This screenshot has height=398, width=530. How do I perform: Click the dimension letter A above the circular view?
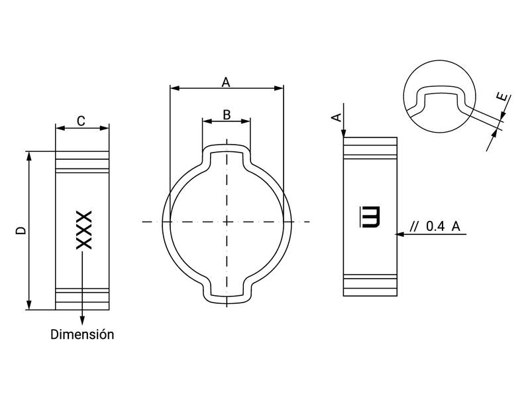tap(226, 82)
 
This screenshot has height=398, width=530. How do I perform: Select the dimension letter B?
tap(227, 115)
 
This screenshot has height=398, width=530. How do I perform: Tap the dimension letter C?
tap(81, 121)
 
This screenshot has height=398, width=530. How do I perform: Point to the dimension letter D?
tap(22, 231)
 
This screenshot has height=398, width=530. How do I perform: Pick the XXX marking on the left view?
tap(83, 230)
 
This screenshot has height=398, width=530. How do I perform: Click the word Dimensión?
tap(82, 334)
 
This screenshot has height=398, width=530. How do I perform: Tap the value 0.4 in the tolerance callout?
tap(435, 226)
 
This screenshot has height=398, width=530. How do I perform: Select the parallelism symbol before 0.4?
tap(415, 226)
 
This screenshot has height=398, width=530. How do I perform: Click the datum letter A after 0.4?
tap(456, 226)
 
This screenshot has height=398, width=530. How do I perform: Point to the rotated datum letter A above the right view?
tap(337, 117)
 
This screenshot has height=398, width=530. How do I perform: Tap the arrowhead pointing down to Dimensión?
tap(82, 318)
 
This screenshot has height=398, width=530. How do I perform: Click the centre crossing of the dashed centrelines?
tap(227, 221)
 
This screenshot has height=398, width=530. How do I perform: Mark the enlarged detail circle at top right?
tap(440, 91)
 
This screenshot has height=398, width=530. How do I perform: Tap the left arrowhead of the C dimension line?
tap(59, 128)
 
